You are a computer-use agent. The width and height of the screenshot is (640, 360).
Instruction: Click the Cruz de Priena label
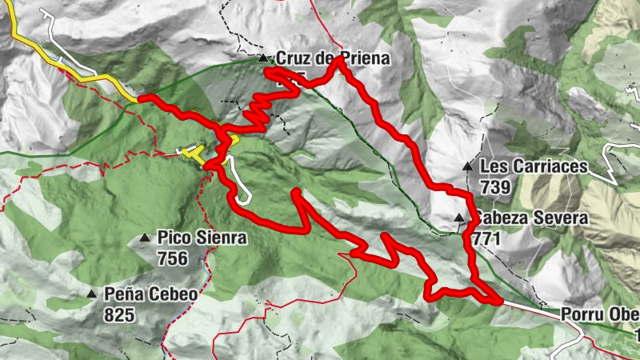(332, 58)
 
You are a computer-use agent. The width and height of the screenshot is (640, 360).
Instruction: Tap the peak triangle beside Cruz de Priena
(262, 58)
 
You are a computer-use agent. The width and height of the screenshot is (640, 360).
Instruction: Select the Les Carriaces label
(534, 167)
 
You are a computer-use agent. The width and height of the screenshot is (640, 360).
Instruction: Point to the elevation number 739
(496, 186)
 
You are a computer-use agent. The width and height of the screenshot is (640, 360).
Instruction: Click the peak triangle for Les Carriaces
(467, 167)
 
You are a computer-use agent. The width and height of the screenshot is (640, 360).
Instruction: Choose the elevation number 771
(486, 238)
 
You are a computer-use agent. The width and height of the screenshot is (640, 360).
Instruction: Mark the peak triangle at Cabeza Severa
(458, 218)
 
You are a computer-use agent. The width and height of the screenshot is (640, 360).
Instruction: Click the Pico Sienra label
(202, 238)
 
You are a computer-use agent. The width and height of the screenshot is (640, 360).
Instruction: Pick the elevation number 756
(173, 258)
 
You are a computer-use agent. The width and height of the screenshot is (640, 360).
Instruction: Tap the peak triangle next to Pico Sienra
(144, 238)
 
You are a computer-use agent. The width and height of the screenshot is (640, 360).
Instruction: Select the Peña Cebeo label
(150, 294)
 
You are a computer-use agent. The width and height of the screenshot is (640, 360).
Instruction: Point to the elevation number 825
(118, 314)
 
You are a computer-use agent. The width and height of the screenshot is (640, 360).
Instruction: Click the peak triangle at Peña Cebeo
(91, 294)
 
